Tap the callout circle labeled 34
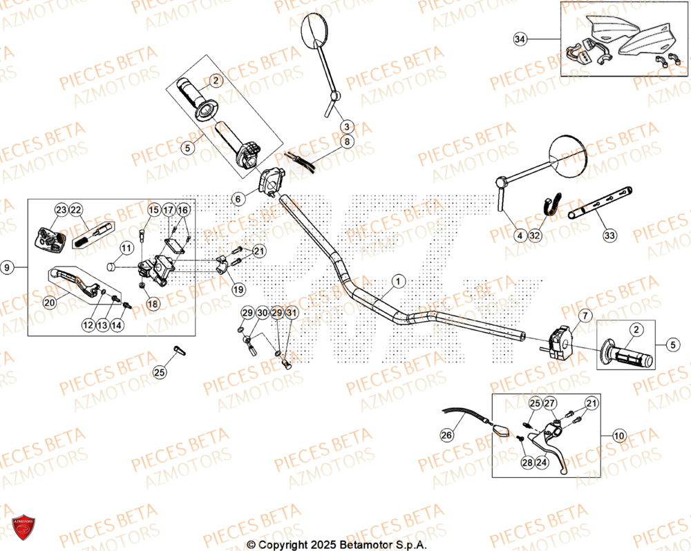pyautogui.click(x=520, y=39)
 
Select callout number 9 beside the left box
pyautogui.click(x=7, y=268)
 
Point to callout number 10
pyautogui.click(x=618, y=436)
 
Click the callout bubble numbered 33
pyautogui.click(x=609, y=236)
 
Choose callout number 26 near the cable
pyautogui.click(x=447, y=434)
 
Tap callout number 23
pyautogui.click(x=61, y=210)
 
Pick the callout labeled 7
pyautogui.click(x=585, y=316)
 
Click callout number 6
pyautogui.click(x=238, y=199)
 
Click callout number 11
pyautogui.click(x=126, y=248)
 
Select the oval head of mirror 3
pyautogui.click(x=316, y=32)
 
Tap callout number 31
pyautogui.click(x=292, y=313)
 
